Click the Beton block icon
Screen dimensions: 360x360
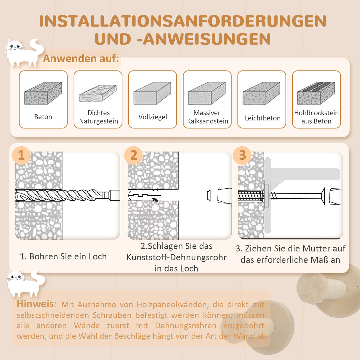(43, 93)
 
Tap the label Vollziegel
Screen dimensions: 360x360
(153, 117)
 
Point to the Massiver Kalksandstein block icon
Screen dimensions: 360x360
(207, 93)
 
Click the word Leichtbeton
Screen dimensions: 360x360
(262, 118)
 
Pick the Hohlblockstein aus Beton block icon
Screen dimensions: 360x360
(316, 93)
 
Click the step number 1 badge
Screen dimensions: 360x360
(21, 155)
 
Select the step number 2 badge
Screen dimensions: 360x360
(134, 155)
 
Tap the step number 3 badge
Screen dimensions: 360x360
(242, 155)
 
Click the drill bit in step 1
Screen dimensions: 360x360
(60, 195)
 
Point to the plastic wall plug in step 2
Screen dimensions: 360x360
(168, 195)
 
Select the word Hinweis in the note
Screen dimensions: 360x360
(37, 304)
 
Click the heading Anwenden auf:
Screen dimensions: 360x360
(81, 59)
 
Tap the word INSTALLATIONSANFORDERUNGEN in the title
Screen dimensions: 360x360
(182, 21)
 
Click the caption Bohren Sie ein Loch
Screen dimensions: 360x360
(68, 256)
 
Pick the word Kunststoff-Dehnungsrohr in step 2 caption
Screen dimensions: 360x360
(176, 257)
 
